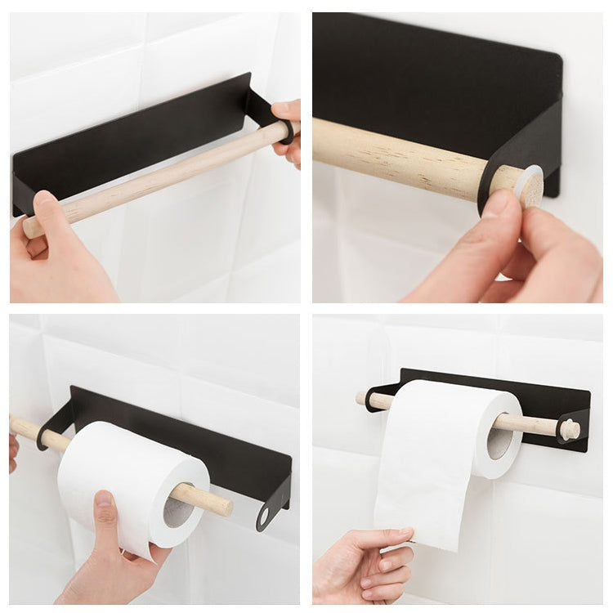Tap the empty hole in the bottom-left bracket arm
click(263, 517)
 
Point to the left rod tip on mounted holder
click(360, 399)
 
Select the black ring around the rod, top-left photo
click(288, 131)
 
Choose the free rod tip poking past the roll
click(217, 502)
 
